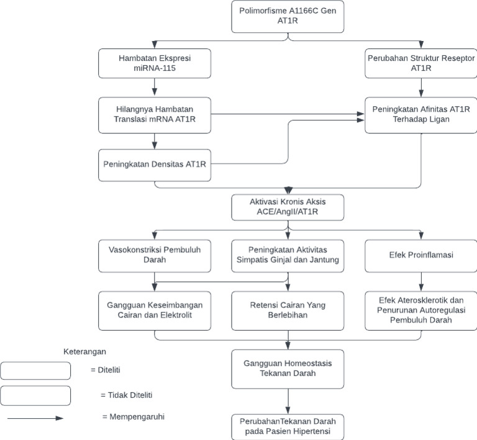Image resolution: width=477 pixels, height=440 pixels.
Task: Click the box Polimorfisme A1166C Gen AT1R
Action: pyautogui.click(x=288, y=17)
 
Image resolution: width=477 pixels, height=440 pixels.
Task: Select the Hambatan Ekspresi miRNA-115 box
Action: pyautogui.click(x=155, y=64)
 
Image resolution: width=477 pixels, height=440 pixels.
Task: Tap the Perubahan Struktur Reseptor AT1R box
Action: pyautogui.click(x=422, y=64)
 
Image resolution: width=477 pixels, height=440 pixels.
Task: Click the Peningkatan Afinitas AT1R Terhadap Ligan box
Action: pyautogui.click(x=422, y=115)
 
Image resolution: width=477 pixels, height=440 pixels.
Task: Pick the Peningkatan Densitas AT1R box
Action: pyautogui.click(x=155, y=164)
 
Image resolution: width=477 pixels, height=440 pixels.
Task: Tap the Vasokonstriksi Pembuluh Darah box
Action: pyautogui.click(x=155, y=255)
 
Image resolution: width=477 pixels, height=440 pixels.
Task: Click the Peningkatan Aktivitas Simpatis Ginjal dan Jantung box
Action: pyautogui.click(x=288, y=255)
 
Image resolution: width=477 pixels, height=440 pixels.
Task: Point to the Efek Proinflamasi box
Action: pyautogui.click(x=422, y=255)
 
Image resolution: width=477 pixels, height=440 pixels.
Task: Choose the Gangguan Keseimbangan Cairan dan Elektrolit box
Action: pyautogui.click(x=155, y=311)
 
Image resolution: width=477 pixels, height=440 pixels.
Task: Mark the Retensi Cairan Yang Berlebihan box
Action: pyautogui.click(x=288, y=311)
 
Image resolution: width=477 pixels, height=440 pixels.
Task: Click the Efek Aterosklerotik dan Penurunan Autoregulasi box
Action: pyautogui.click(x=422, y=311)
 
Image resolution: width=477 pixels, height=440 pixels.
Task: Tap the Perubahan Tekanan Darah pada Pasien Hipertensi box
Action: pyautogui.click(x=288, y=426)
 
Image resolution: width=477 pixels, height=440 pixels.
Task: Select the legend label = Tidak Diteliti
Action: pyautogui.click(x=126, y=395)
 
